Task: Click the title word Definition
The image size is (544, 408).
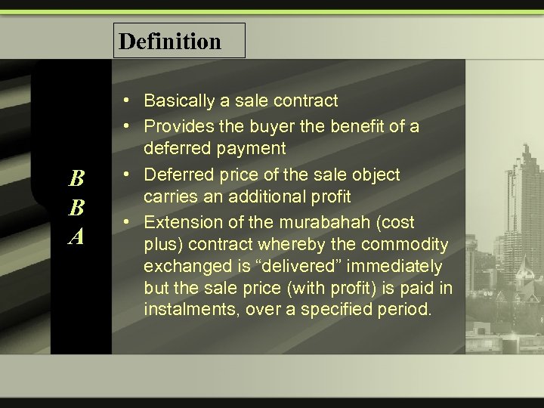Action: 170,41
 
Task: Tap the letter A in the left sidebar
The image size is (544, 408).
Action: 76,237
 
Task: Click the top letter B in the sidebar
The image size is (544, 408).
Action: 76,179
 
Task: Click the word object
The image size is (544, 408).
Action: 373,175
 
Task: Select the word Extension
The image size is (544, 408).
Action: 182,222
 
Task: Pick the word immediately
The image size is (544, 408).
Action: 399,267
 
